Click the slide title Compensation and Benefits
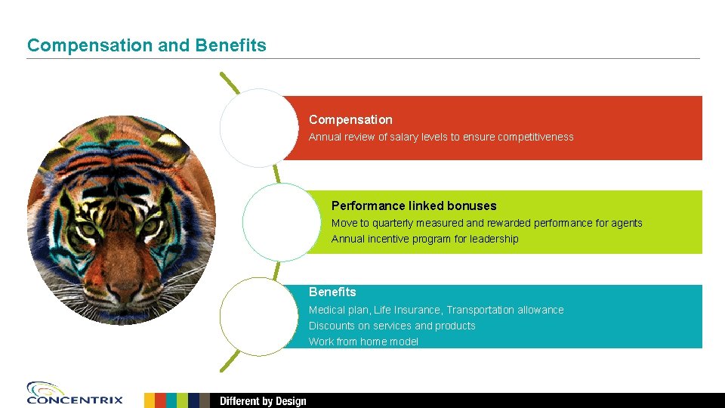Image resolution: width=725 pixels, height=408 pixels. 147,45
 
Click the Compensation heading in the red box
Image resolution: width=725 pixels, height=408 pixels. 350,119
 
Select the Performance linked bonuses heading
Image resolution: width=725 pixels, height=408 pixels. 414,206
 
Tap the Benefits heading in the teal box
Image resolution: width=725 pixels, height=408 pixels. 332,292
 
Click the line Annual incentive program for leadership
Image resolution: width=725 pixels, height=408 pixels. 424,239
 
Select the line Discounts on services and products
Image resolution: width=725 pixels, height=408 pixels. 392,326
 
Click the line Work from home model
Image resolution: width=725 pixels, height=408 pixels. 363,342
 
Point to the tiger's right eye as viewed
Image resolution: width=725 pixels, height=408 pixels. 150,226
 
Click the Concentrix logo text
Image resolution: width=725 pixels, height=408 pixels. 75,400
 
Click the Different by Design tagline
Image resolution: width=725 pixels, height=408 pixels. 263,400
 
